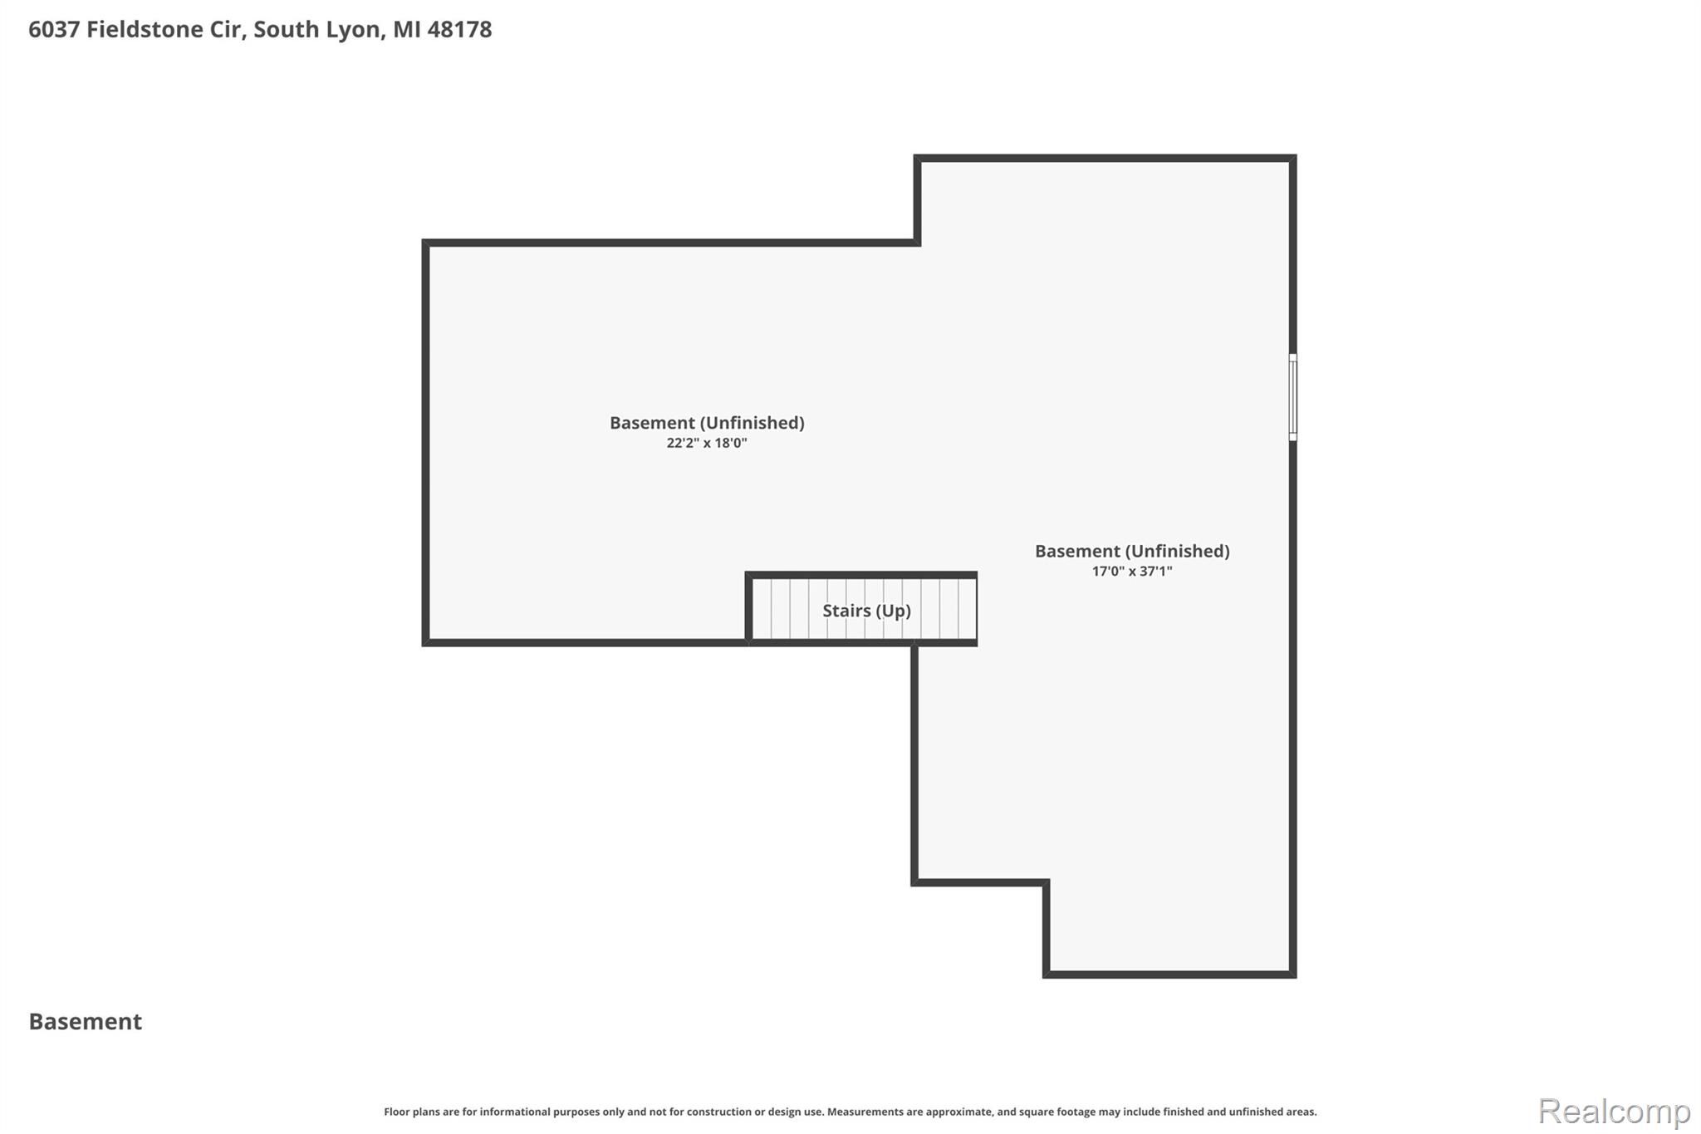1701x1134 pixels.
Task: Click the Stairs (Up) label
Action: tap(866, 611)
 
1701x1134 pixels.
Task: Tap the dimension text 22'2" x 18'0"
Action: tap(707, 443)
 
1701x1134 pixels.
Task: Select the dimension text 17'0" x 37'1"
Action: tap(1132, 571)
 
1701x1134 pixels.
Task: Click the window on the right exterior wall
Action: tap(1292, 396)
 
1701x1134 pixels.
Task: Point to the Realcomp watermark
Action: tap(1614, 1111)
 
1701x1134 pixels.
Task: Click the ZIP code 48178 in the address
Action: tap(459, 29)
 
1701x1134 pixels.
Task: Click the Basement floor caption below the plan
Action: tap(86, 1021)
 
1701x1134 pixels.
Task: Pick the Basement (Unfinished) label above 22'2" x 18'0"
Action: tap(707, 423)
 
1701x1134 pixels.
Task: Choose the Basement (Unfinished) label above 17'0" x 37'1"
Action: tap(1132, 551)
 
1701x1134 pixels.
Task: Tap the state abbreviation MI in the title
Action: tap(406, 29)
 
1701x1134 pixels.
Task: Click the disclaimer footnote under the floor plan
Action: tap(850, 1112)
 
